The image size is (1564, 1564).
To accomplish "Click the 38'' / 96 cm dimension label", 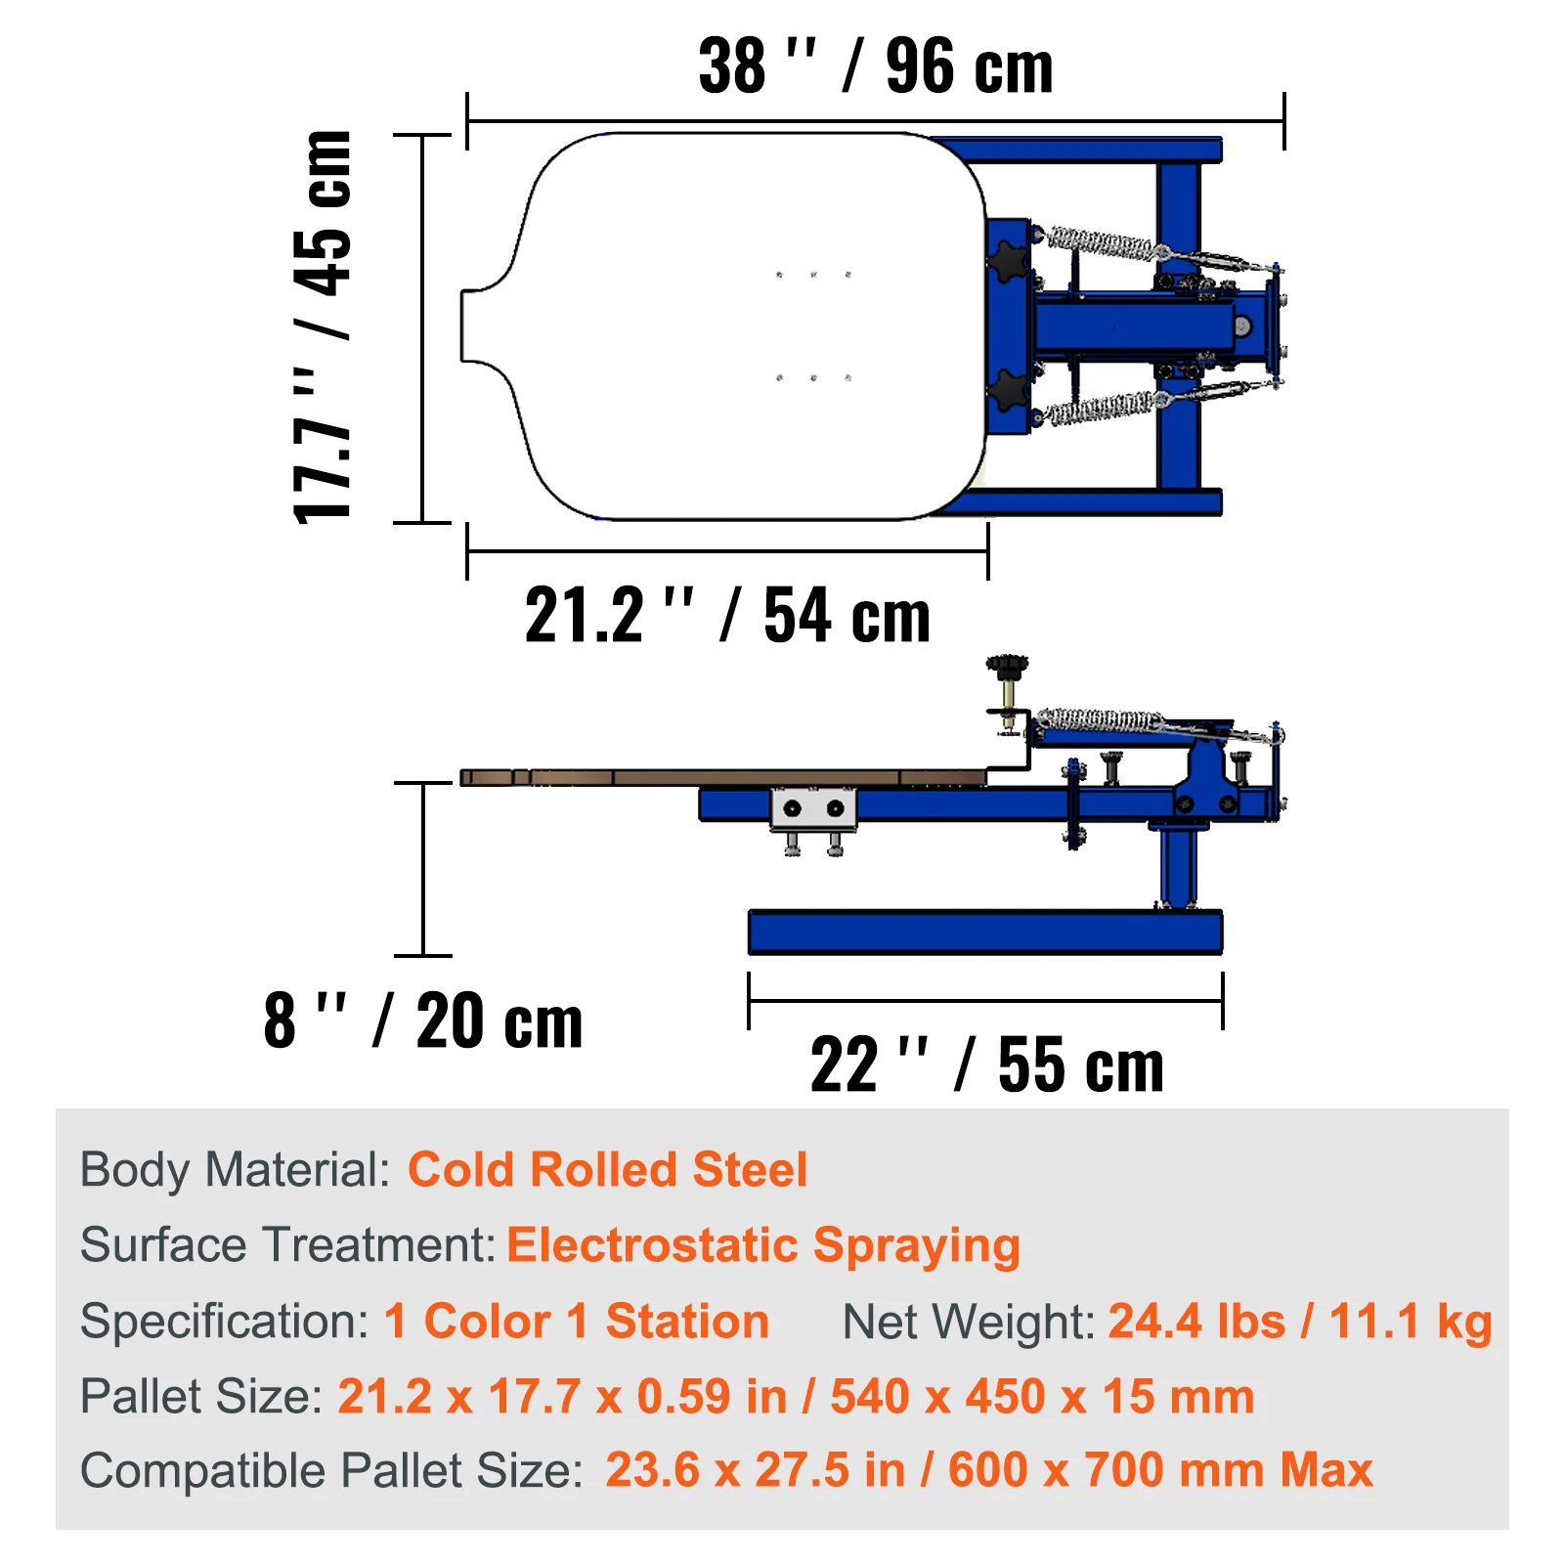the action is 876,66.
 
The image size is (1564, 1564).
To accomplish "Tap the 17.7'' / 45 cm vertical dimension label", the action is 323,326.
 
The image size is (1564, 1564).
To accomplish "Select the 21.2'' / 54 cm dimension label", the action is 727,615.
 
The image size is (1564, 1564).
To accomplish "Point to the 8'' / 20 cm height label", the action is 423,1021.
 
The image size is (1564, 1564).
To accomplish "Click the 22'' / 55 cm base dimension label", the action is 987,1064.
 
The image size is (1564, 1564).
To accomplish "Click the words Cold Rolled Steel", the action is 607,1170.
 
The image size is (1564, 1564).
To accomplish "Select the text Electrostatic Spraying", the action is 763,1246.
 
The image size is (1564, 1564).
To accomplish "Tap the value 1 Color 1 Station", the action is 577,1322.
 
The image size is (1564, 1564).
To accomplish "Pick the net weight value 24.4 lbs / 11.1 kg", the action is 1300,1322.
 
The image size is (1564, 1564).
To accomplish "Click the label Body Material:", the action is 236,1170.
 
